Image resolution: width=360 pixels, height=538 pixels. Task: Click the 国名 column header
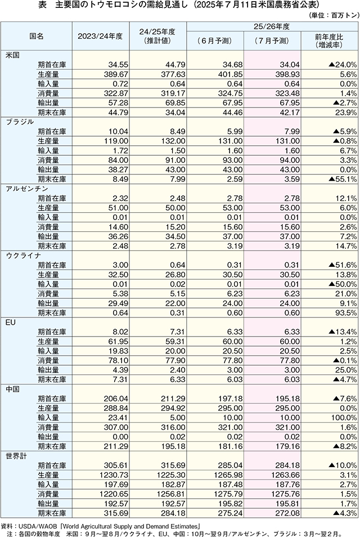pos(37,36)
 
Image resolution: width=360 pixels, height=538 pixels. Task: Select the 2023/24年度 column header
pos(100,36)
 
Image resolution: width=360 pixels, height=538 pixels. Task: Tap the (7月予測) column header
pos(272,41)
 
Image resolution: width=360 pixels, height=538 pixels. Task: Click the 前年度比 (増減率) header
pos(329,41)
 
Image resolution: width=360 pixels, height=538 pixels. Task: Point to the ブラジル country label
pos(20,122)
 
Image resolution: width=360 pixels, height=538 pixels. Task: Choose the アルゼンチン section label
pos(27,189)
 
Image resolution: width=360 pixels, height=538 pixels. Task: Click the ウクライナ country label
pos(23,255)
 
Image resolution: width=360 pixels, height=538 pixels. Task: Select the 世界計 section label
pos(16,456)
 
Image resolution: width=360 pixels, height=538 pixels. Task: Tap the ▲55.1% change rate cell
pos(343,179)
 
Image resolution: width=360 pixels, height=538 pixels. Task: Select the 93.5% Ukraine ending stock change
pos(346,313)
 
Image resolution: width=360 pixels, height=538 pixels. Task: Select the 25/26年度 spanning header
pos(272,26)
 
